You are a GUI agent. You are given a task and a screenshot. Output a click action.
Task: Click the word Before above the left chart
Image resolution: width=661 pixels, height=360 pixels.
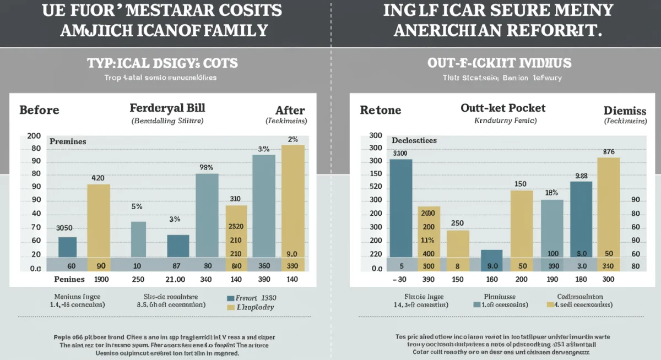point(39,110)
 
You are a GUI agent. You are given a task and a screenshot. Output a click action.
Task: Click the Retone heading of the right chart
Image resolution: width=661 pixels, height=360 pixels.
point(380,110)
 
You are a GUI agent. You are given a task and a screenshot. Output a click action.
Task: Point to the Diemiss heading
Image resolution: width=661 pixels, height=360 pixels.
point(620,110)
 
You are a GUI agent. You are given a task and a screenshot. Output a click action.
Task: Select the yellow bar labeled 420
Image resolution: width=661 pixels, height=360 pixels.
point(99,220)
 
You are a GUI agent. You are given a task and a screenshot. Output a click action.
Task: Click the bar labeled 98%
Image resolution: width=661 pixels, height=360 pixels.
point(207,215)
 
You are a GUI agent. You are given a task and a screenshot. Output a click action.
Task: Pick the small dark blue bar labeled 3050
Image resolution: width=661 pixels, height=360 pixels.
point(67,247)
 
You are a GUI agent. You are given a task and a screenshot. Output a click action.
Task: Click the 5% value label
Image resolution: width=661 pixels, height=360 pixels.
point(137,207)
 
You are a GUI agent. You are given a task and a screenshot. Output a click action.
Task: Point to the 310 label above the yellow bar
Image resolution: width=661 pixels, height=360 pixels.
point(235,199)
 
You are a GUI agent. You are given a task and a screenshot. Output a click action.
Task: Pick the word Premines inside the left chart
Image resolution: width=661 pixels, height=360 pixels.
point(68,141)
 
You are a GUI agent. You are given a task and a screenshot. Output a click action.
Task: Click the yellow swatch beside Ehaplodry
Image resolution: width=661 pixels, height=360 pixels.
point(231,308)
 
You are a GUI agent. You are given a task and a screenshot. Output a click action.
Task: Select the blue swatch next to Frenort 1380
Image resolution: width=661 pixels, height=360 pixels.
point(231,298)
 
